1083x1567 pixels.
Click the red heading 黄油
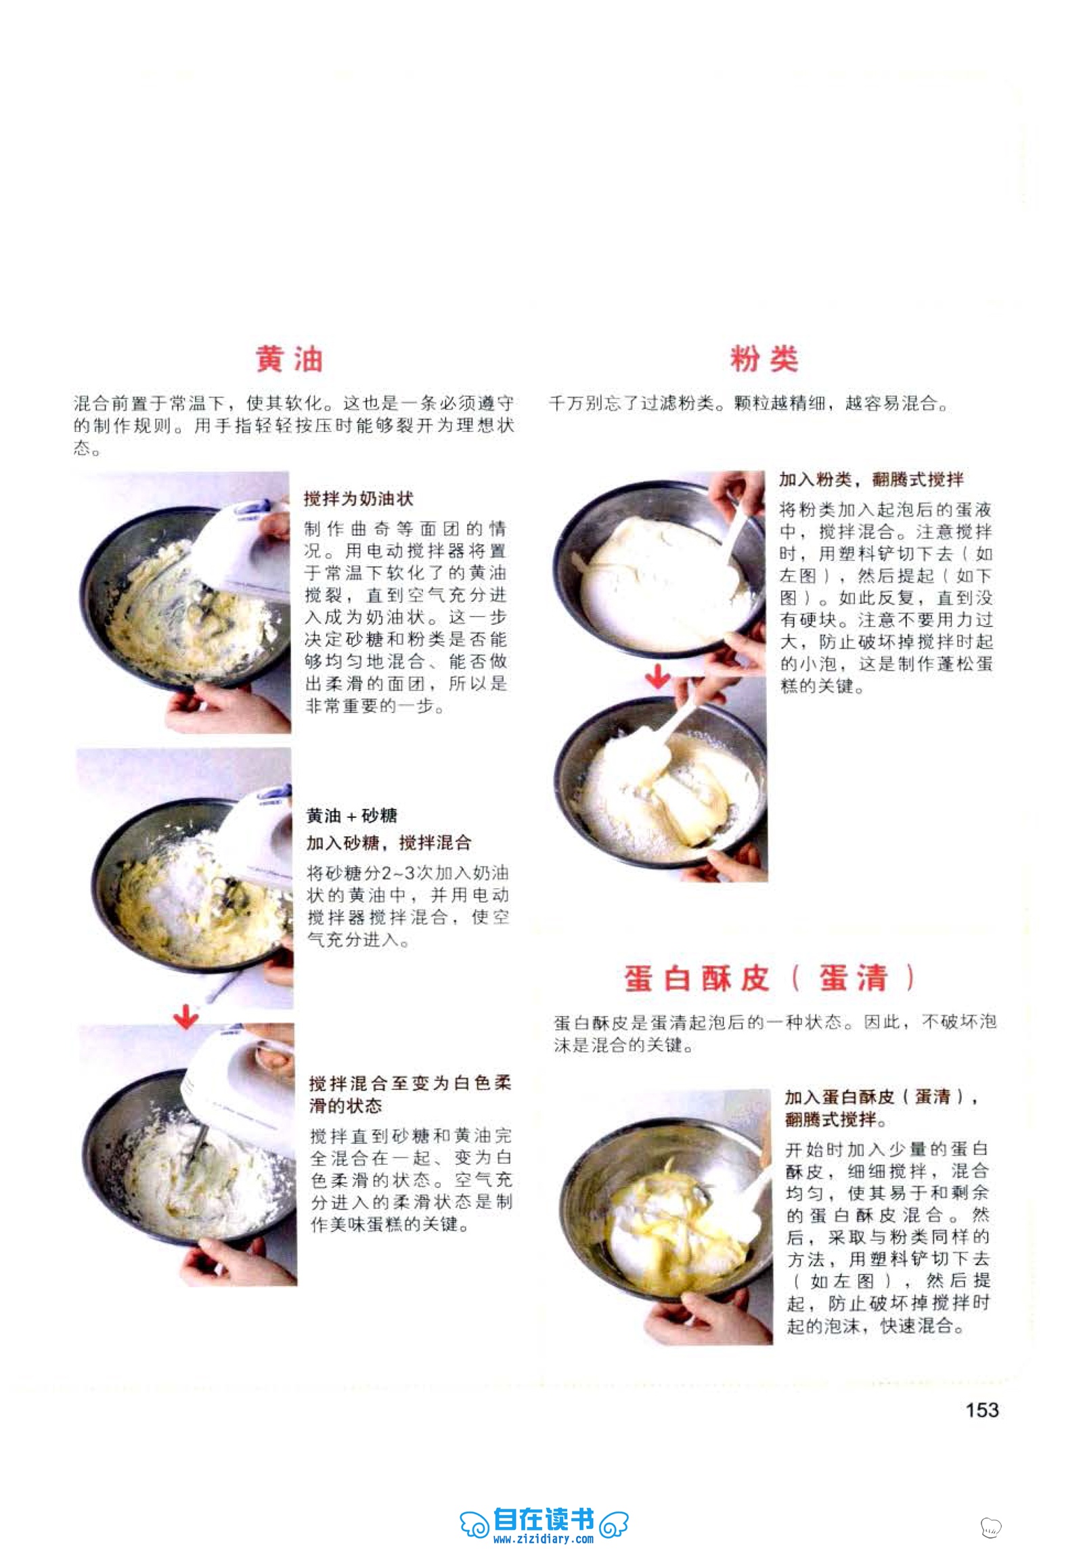pos(290,358)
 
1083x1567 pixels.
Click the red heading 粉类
pos(764,358)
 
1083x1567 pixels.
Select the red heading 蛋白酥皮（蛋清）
pos(770,979)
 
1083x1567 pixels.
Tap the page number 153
pos(982,1409)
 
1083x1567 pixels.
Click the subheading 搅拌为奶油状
pos(359,499)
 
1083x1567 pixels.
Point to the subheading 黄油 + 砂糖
pos(351,816)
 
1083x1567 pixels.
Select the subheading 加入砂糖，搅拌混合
pos(389,843)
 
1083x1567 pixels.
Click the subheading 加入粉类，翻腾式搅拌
pos(871,480)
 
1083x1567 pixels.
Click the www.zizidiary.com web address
pos(544,1539)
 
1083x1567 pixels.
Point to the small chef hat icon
pos(991,1527)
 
